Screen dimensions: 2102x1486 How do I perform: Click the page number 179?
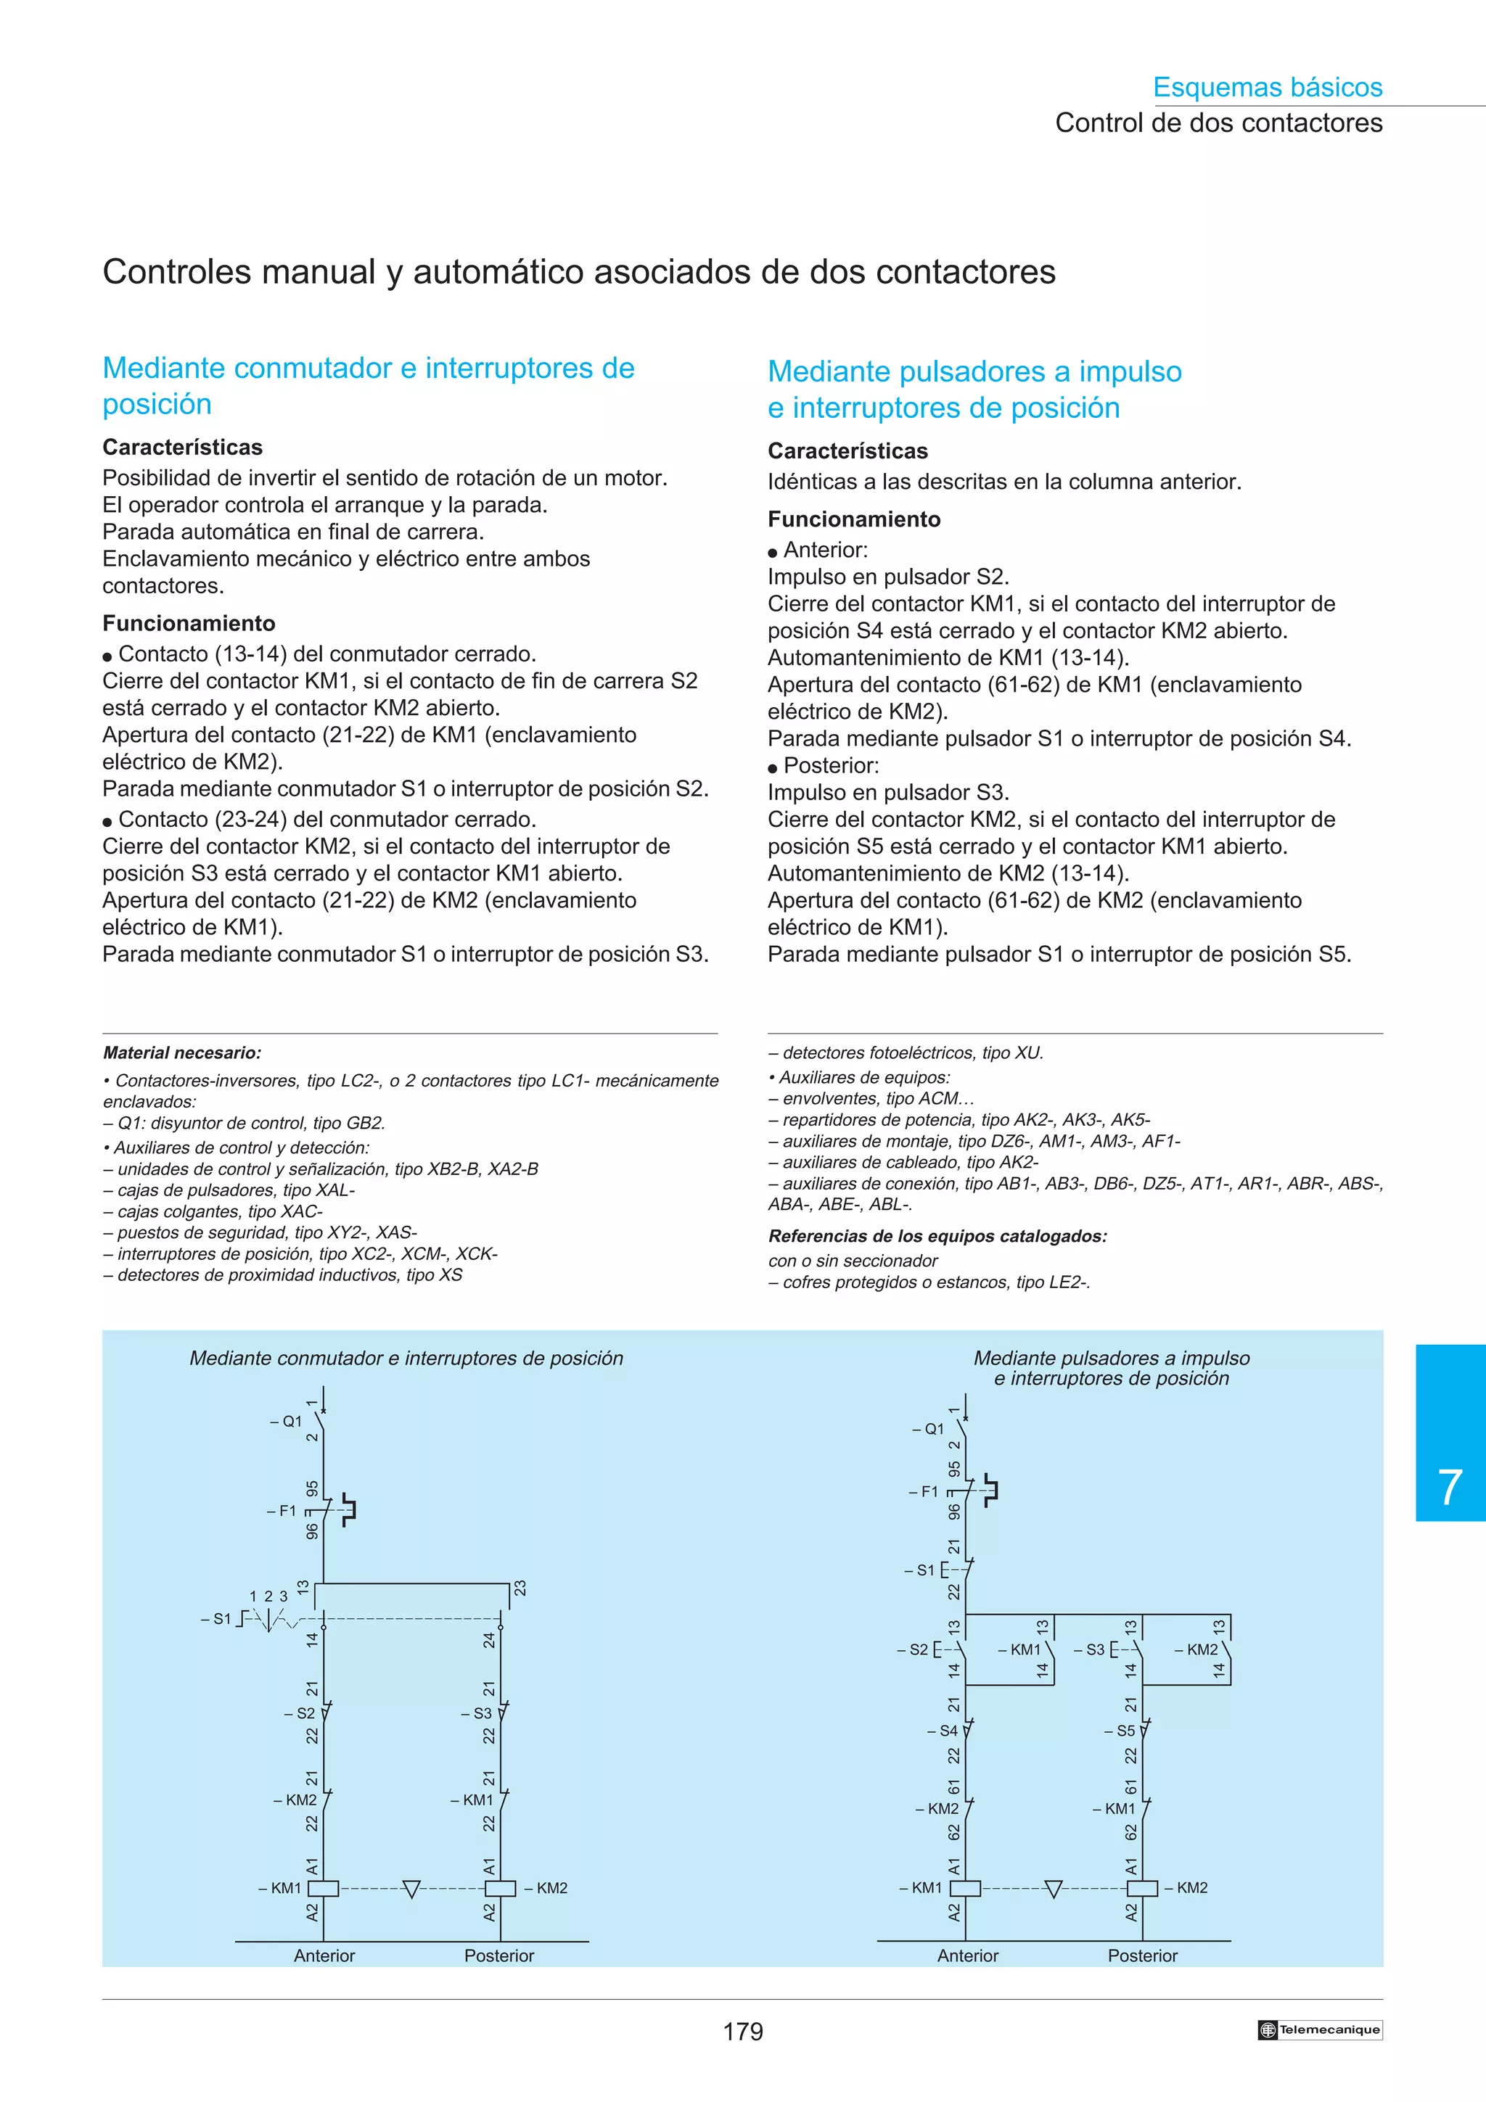(x=742, y=2032)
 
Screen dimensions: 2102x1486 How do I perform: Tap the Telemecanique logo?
(x=1319, y=2029)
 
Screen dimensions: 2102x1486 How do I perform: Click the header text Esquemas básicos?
(x=1267, y=87)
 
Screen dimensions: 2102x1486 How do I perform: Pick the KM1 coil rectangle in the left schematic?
(x=323, y=1888)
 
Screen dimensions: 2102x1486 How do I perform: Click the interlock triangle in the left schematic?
(x=411, y=1888)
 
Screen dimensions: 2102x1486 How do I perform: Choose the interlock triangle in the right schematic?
(x=1053, y=1888)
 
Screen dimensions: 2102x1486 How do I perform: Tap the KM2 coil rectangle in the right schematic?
(x=1142, y=1888)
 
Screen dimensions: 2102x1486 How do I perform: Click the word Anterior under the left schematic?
(x=324, y=1955)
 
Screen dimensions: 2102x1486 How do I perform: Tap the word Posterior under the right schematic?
(x=1142, y=1955)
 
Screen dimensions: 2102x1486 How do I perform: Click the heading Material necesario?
(x=182, y=1053)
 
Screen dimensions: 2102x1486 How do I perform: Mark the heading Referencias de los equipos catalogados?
(x=937, y=1236)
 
